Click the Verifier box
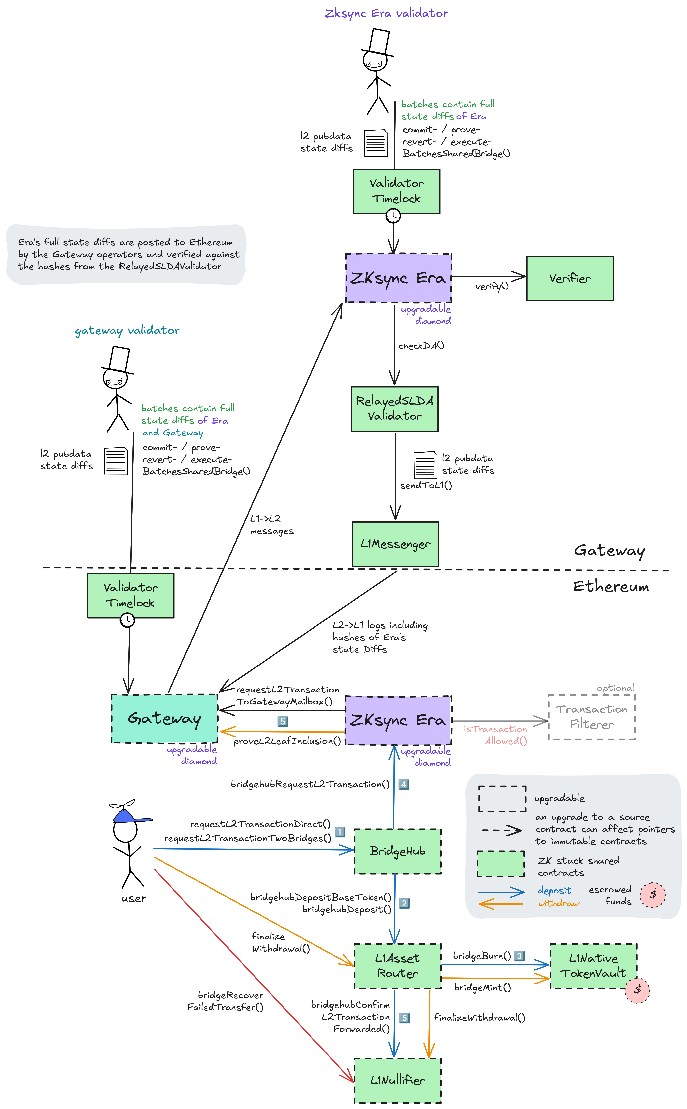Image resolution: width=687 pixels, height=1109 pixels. click(570, 278)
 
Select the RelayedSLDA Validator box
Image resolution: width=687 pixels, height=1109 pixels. click(395, 409)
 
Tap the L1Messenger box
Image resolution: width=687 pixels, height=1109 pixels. click(395, 544)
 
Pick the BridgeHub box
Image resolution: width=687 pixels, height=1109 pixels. click(398, 851)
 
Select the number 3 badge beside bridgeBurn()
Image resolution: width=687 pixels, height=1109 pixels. click(519, 956)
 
